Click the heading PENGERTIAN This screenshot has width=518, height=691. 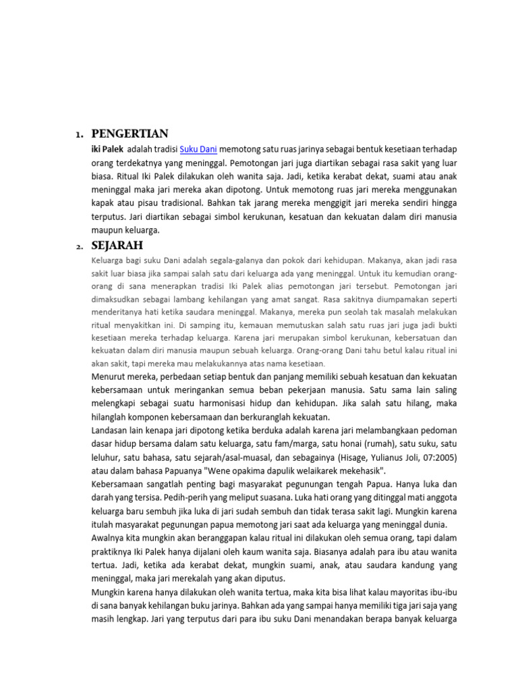pos(129,133)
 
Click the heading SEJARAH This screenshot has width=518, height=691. pos(119,245)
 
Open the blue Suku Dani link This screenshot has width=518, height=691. pos(198,149)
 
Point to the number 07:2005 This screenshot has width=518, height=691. pos(437,457)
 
